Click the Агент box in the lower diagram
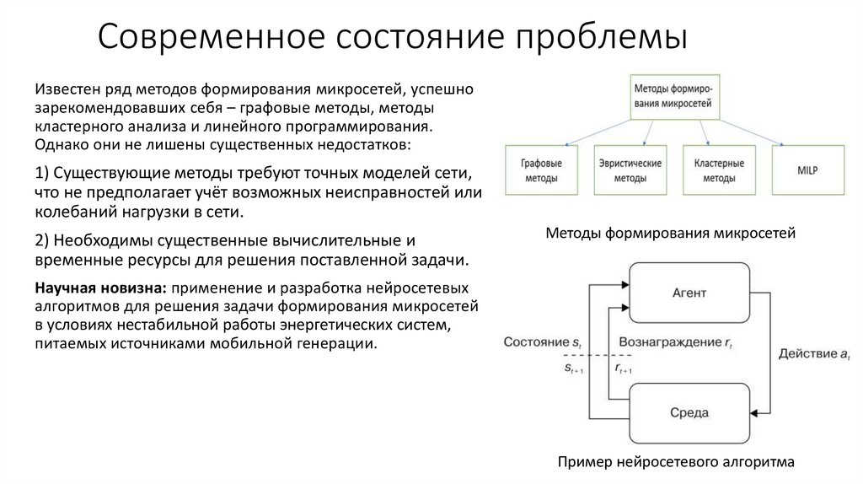pyautogui.click(x=689, y=293)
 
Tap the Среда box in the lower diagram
pyautogui.click(x=689, y=412)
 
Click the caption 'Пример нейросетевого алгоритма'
pyautogui.click(x=676, y=462)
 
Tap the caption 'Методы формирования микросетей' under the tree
pyautogui.click(x=671, y=232)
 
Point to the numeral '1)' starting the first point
pyautogui.click(x=43, y=174)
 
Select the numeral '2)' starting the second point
pyautogui.click(x=43, y=240)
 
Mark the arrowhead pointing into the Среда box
pyautogui.click(x=755, y=412)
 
